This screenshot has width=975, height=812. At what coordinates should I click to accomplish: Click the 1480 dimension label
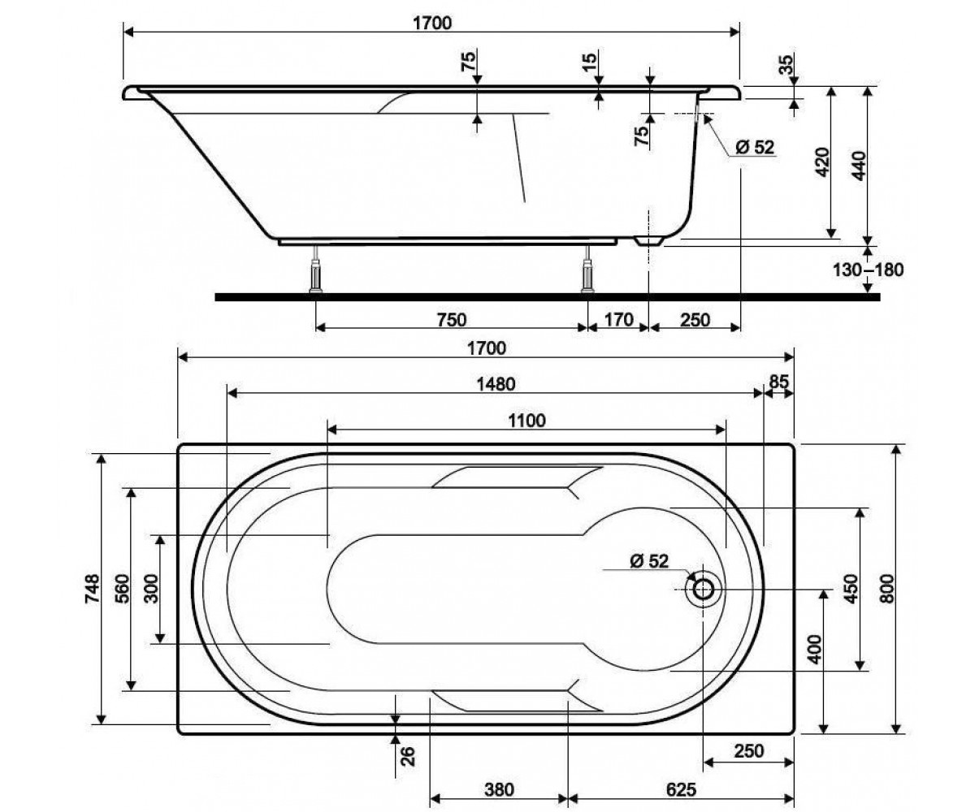(x=496, y=384)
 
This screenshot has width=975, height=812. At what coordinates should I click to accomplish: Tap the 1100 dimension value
(x=526, y=421)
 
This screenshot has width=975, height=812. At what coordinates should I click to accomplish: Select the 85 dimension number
(x=778, y=382)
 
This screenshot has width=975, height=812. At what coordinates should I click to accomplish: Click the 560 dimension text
(x=123, y=589)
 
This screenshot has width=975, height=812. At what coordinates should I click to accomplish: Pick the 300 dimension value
(x=152, y=589)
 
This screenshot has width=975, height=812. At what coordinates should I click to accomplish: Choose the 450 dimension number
(x=851, y=589)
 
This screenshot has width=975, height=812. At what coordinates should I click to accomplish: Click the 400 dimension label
(x=814, y=649)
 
